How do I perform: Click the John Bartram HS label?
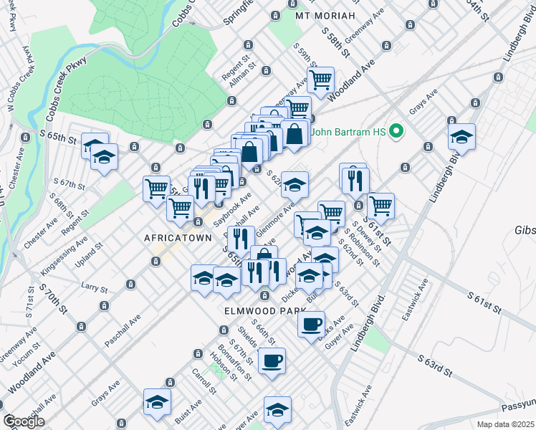tap(350, 132)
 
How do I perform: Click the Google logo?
tap(24, 421)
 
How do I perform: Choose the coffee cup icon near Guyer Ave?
tap(312, 325)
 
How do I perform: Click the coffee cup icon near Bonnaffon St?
tap(272, 361)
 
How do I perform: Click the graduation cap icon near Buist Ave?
tap(157, 402)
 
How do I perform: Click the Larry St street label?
tap(94, 287)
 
